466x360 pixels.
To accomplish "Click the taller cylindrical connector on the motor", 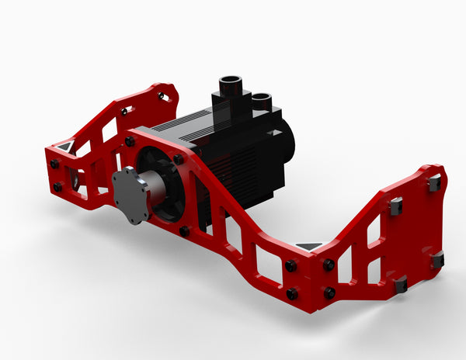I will point(231,85).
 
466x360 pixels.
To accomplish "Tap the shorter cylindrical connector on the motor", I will point(261,102).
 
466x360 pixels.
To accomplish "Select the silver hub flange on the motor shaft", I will point(130,195).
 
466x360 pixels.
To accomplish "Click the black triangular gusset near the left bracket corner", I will point(64,146).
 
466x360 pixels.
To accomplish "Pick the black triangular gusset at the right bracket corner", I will point(309,246).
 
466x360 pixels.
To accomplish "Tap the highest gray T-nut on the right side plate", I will point(433,183).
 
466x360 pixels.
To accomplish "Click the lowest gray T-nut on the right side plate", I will point(401,285).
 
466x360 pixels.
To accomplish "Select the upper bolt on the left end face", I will point(54,164).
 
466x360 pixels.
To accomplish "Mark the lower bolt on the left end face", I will point(57,187).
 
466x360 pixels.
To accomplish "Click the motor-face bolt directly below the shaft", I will point(185,230).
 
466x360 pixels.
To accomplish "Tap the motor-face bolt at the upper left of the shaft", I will point(130,140).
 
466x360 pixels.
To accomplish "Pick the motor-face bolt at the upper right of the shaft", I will point(179,159).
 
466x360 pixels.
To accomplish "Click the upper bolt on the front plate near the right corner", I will point(290,266).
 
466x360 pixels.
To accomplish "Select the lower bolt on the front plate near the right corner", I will point(292,292).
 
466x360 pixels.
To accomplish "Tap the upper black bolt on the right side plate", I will point(329,265).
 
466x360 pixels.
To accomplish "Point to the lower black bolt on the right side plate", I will point(329,292).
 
